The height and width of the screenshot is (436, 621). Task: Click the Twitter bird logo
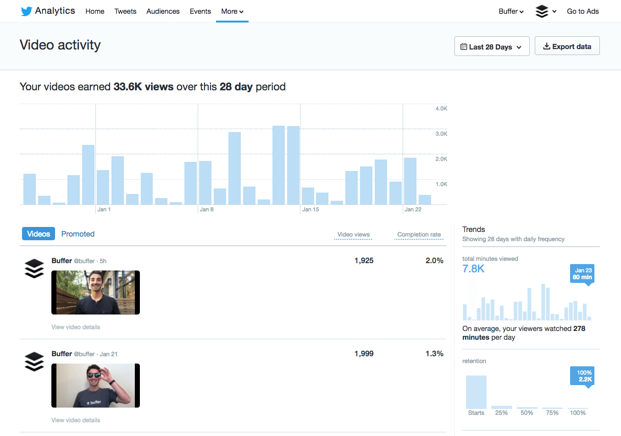click(27, 11)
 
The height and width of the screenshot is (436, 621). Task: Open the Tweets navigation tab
click(125, 11)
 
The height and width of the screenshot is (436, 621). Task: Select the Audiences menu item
click(163, 11)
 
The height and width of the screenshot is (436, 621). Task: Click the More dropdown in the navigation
click(232, 11)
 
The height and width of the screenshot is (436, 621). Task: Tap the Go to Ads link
click(582, 11)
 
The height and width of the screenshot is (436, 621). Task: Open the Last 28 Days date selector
click(492, 47)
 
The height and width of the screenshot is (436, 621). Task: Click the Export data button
click(567, 46)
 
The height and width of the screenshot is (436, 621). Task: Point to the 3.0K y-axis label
click(441, 134)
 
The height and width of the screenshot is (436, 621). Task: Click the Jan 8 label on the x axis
click(206, 210)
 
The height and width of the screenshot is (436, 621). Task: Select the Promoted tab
click(78, 234)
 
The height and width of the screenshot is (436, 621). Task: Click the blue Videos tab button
click(39, 234)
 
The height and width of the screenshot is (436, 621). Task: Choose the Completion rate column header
click(419, 235)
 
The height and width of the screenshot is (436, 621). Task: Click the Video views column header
click(353, 235)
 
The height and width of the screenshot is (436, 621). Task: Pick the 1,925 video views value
click(364, 260)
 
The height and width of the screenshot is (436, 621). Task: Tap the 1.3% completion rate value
click(434, 353)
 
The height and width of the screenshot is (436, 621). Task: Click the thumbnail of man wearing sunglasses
click(95, 386)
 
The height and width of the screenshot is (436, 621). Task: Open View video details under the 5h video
click(76, 327)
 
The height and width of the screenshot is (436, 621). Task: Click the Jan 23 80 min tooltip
click(582, 274)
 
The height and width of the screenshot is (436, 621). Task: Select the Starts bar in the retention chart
click(476, 392)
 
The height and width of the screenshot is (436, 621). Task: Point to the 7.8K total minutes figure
click(473, 269)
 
